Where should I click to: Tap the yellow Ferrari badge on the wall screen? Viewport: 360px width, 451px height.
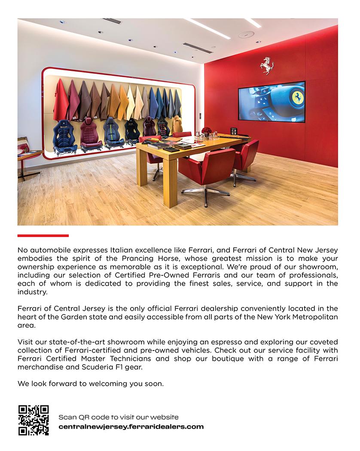(296, 97)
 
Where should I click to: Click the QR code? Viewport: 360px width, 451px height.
(33, 420)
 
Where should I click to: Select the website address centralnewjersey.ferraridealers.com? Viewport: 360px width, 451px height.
(131, 427)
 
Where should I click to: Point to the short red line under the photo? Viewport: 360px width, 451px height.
(43, 235)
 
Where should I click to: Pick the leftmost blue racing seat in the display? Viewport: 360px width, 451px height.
(64, 134)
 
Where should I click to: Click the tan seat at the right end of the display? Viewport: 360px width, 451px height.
(177, 125)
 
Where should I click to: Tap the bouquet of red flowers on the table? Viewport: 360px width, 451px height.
(207, 130)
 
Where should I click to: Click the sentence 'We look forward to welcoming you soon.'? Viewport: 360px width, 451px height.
(91, 384)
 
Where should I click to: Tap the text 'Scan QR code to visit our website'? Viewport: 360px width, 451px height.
(119, 417)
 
